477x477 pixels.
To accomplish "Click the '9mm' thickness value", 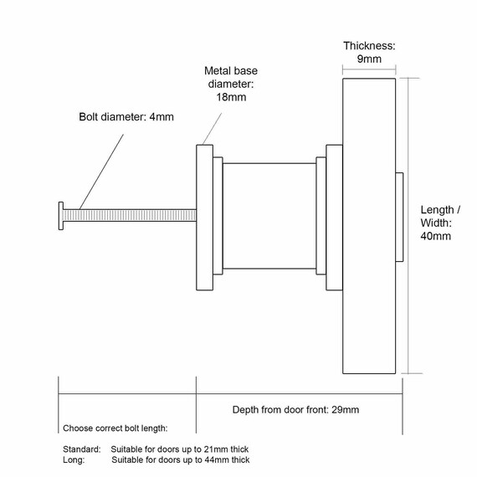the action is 369,59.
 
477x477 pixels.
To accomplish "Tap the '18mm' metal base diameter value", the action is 231,97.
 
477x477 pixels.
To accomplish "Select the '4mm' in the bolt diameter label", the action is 162,117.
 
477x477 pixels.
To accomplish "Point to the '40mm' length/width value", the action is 436,236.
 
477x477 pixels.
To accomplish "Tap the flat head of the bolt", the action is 61,216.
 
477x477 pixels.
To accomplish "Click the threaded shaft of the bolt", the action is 130,216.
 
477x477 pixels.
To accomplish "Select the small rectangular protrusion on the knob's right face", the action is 399,217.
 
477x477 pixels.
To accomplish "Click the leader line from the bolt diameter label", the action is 101,172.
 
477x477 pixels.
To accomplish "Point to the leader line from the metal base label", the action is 212,129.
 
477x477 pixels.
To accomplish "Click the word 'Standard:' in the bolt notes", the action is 81,449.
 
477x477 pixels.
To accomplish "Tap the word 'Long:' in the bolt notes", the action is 74,459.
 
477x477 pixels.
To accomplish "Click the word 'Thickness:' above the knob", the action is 369,46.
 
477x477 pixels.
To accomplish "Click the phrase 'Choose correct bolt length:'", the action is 115,428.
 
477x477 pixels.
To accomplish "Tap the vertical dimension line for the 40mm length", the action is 408,226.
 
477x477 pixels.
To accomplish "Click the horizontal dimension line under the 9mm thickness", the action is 369,69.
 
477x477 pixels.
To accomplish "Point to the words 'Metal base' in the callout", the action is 231,71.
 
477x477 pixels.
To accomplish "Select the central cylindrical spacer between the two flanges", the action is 269,216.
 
